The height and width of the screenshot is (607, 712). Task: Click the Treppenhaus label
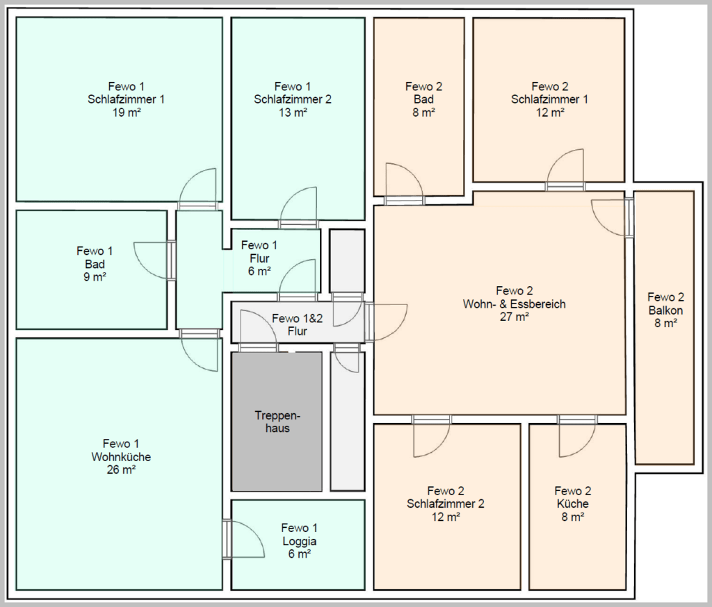(277, 422)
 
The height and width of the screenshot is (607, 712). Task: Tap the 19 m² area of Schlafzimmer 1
(127, 113)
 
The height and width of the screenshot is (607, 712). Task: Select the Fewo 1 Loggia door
(243, 540)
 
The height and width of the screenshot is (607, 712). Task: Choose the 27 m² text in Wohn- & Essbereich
(515, 317)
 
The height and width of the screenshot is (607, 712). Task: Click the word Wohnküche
(121, 457)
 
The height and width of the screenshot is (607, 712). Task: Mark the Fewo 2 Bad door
(404, 185)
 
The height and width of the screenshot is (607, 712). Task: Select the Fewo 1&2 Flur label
(298, 325)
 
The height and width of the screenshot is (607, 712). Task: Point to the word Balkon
(665, 310)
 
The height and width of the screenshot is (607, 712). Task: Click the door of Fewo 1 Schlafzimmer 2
(298, 208)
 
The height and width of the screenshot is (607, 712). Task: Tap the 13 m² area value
(293, 113)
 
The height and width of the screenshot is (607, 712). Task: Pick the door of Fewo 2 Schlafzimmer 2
(432, 436)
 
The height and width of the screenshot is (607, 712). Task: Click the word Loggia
(299, 541)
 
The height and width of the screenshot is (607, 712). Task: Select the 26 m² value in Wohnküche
(121, 469)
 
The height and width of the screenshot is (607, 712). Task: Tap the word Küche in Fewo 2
(573, 504)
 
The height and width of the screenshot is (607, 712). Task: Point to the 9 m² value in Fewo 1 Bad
(95, 276)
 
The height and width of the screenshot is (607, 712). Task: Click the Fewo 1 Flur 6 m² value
(259, 272)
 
